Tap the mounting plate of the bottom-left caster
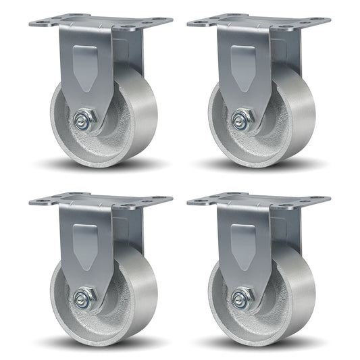coord(101,201)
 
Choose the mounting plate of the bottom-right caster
coord(259,201)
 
